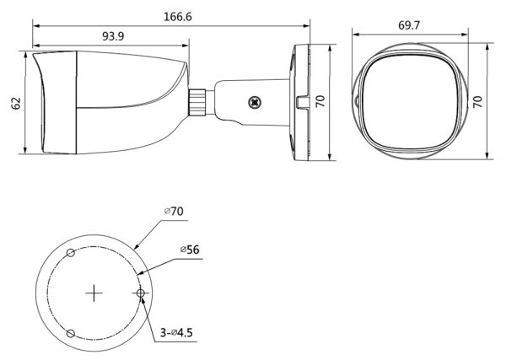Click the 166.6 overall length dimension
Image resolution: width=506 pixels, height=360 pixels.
click(x=177, y=17)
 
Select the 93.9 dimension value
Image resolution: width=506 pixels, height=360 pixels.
click(x=113, y=36)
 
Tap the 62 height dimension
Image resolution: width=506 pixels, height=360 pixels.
click(x=16, y=103)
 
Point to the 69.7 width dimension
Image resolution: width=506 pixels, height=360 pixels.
click(x=409, y=25)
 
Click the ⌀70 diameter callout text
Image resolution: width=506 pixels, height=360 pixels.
click(x=174, y=212)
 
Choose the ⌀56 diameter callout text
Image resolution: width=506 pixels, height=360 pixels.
click(x=190, y=250)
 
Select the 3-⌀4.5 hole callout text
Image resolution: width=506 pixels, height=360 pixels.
click(x=176, y=332)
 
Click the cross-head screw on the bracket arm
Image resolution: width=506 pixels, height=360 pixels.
click(x=255, y=103)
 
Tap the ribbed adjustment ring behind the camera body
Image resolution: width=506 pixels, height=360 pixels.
click(x=197, y=102)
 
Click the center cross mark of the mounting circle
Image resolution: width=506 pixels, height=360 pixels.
click(x=94, y=293)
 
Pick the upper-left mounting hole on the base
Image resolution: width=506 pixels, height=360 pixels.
click(x=71, y=253)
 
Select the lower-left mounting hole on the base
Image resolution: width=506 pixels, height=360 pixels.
click(x=70, y=333)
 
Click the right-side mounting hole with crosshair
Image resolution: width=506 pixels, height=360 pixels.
click(x=140, y=293)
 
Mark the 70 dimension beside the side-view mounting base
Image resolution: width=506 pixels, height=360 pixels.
click(x=320, y=101)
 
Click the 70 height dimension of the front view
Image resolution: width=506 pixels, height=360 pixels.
click(x=477, y=101)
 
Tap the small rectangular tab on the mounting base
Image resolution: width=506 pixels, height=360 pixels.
click(x=302, y=102)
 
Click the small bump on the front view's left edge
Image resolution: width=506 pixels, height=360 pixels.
click(x=356, y=101)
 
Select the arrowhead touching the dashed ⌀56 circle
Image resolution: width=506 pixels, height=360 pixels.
click(x=139, y=273)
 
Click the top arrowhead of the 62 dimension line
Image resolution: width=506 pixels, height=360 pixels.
click(x=25, y=54)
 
